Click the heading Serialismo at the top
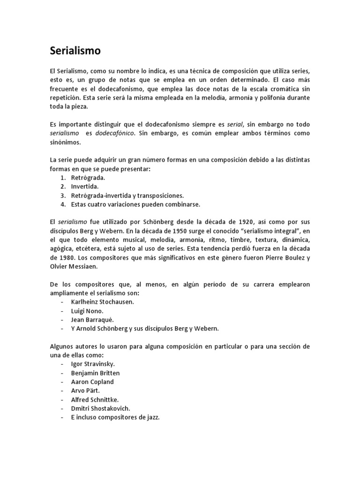(75, 51)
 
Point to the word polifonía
(269, 97)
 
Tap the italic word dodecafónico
(115, 133)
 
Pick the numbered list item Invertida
(85, 187)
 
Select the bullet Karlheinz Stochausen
(102, 302)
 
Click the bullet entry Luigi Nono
(87, 311)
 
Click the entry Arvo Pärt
(85, 390)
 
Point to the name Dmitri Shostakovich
(100, 408)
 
